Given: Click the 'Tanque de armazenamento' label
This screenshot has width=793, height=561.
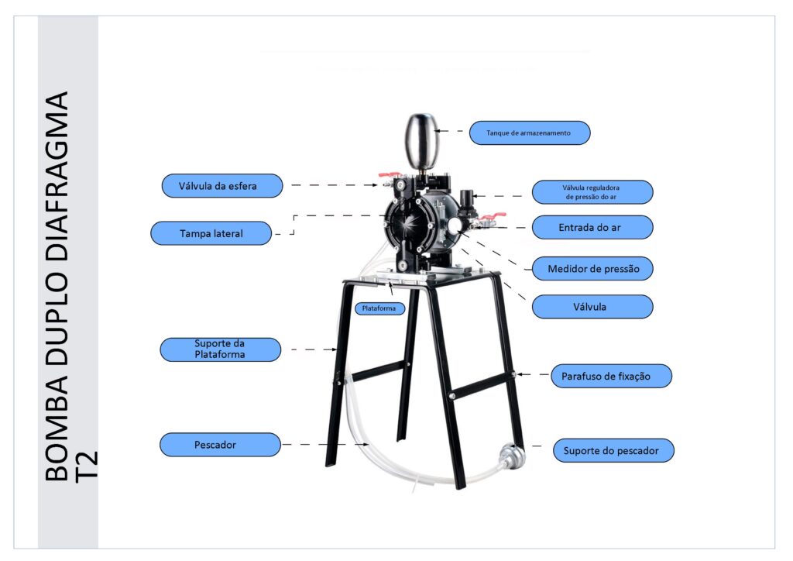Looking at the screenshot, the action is pos(530,133).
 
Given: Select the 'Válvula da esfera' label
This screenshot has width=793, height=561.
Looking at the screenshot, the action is pos(222,186).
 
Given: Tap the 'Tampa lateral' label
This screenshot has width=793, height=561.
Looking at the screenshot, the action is pos(211,233).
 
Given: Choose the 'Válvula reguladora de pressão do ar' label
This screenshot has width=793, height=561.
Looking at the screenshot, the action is pos(592,192).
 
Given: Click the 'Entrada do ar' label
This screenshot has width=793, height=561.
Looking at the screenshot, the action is pos(592,228).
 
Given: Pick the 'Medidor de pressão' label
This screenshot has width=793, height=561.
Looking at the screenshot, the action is pos(592,269).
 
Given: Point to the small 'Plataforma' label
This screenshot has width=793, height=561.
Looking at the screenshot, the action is pos(379,308).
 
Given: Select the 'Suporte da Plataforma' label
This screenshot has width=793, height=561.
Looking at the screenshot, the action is pos(220,349).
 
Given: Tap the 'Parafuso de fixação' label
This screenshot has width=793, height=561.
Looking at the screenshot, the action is pos(611,376).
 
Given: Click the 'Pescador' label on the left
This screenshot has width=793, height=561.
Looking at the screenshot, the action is pos(220,445).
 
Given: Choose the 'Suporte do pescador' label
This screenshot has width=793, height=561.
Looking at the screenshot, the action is pos(613,450).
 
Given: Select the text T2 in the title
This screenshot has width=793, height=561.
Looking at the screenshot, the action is pos(87,466).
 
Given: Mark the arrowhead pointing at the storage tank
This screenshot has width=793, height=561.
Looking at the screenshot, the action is pos(438,131).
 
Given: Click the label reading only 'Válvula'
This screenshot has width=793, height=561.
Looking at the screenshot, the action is pos(592,307).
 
